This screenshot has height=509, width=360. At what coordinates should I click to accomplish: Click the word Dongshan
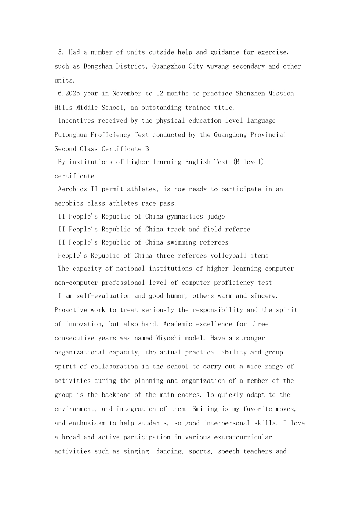coord(98,66)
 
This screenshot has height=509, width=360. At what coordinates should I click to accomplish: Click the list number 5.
coord(60,52)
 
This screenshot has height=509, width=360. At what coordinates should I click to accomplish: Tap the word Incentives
coord(76,121)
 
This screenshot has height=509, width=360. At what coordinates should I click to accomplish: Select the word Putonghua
coord(70,135)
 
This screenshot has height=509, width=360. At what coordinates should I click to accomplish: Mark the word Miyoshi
coord(169,338)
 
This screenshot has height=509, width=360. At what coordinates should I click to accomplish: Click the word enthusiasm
coord(87,423)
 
